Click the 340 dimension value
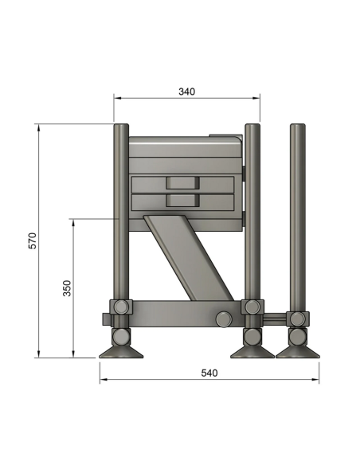tap(187, 92)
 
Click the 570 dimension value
tap(33, 240)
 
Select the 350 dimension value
tap(68, 288)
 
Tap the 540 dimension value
tap(209, 373)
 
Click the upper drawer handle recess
tap(182, 182)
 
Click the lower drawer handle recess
tap(182, 201)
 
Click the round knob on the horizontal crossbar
tap(224, 319)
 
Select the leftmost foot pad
tap(121, 352)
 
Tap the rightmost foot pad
tap(298, 352)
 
